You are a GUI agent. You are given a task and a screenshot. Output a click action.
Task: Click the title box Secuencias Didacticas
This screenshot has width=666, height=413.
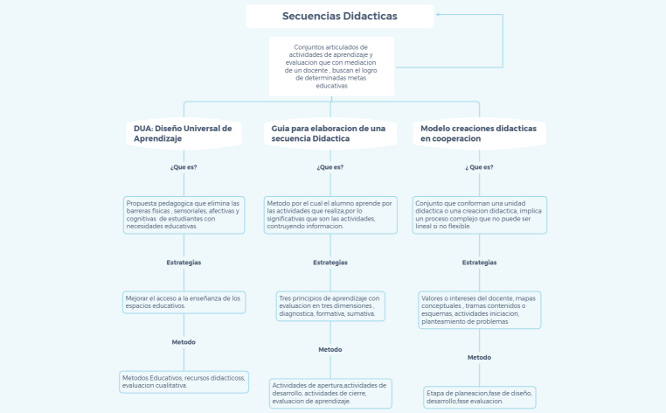pos(339,16)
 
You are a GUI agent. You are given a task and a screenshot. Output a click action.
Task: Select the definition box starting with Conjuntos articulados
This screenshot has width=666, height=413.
pos(331,66)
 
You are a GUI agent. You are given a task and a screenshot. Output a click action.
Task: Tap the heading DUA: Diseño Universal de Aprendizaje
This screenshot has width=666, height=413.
pos(184,133)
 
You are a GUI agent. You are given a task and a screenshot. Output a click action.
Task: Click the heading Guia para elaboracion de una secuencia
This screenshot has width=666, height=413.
pos(330,133)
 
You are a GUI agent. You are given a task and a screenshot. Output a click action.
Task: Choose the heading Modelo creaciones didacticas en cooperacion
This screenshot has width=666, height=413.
pos(479,133)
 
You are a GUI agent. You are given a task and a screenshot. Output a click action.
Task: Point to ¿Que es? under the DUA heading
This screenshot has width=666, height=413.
pos(184,166)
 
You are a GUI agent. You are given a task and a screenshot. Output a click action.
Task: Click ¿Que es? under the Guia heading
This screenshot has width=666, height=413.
pos(330,167)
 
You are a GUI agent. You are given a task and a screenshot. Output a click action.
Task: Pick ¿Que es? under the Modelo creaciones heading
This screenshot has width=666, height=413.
pos(479,166)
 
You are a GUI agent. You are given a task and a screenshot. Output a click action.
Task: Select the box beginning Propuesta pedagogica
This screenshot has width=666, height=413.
pos(184,214)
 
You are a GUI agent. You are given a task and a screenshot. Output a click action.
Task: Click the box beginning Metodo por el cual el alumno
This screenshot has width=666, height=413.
pos(330,214)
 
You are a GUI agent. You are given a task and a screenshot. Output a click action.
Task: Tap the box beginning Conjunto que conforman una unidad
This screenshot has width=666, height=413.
pos(480,214)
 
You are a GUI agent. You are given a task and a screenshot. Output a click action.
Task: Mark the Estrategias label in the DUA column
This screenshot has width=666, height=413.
pos(184,262)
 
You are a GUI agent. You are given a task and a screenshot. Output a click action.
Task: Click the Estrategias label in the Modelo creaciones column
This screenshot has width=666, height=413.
pos(479,262)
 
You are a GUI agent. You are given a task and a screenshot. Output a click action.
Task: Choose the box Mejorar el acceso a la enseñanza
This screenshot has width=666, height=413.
pos(184,301)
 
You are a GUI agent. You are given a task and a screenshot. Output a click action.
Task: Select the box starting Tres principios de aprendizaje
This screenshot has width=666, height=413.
pos(330,305)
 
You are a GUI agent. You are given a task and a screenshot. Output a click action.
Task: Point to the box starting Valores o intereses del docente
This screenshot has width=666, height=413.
pos(479,309)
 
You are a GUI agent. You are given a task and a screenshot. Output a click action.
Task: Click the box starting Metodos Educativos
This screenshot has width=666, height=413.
pos(184,381)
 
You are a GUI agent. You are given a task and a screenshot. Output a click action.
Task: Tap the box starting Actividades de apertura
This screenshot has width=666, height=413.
pos(330,393)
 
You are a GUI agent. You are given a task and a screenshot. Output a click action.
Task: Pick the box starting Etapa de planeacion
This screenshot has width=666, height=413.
pos(479,396)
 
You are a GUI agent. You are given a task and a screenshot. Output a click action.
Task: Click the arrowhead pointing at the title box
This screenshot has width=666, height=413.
pos(439,15)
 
